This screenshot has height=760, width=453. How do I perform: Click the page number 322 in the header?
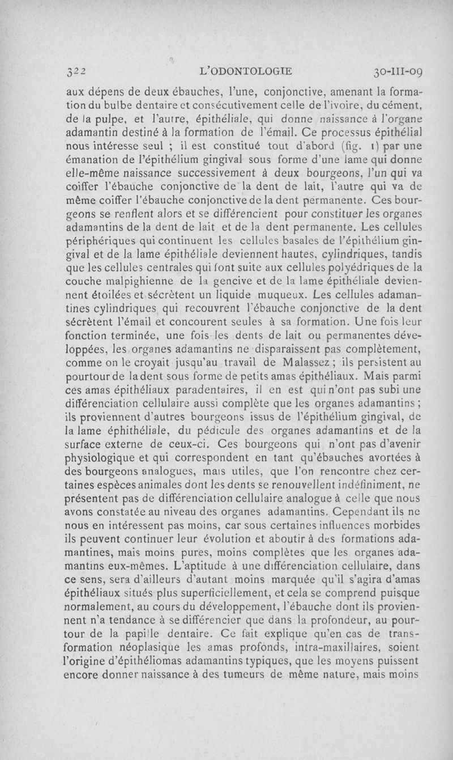click(x=75, y=72)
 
